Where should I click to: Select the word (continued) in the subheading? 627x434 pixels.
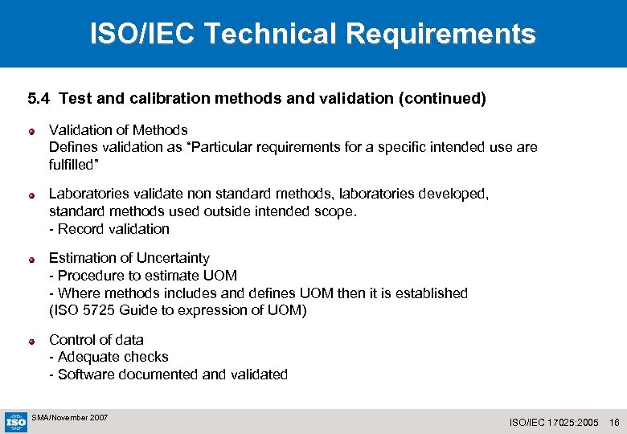(x=442, y=99)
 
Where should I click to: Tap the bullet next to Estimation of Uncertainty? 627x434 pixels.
(x=31, y=260)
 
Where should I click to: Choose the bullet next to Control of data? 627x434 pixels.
(x=31, y=341)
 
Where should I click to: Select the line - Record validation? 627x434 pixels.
(x=109, y=229)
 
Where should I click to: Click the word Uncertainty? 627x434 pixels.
(x=172, y=258)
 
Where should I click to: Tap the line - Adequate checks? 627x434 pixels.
(x=109, y=357)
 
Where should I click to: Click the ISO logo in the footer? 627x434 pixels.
(x=16, y=420)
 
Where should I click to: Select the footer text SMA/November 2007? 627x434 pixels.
(x=69, y=418)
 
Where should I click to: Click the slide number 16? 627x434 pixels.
(x=615, y=422)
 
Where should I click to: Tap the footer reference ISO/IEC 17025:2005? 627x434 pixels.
(x=555, y=422)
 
